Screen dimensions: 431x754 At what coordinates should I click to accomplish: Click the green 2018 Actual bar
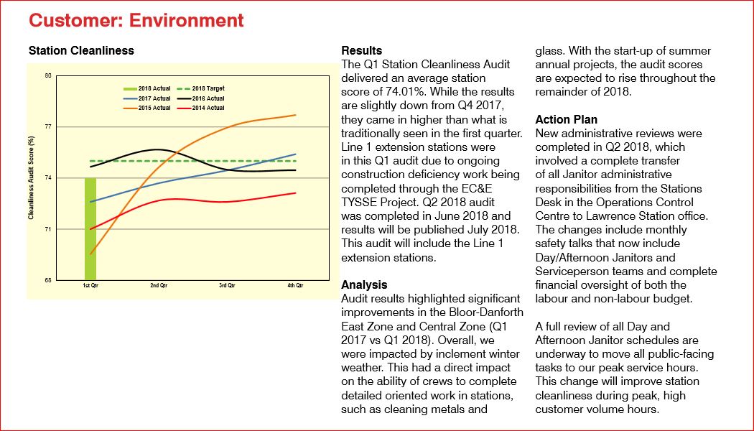click(x=90, y=228)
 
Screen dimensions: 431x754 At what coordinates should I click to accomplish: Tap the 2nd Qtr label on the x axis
click(x=159, y=286)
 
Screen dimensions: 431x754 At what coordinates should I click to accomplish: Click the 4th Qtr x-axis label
click(x=295, y=286)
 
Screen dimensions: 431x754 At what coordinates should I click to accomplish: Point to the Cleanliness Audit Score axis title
click(x=32, y=177)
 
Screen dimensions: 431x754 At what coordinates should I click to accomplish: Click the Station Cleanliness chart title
click(x=81, y=51)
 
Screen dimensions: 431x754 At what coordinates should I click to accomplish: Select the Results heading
click(x=362, y=51)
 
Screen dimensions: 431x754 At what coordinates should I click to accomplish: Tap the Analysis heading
click(x=364, y=284)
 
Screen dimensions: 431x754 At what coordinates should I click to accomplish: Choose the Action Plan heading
click(x=567, y=119)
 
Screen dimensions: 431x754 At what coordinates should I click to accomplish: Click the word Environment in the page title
click(x=187, y=20)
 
